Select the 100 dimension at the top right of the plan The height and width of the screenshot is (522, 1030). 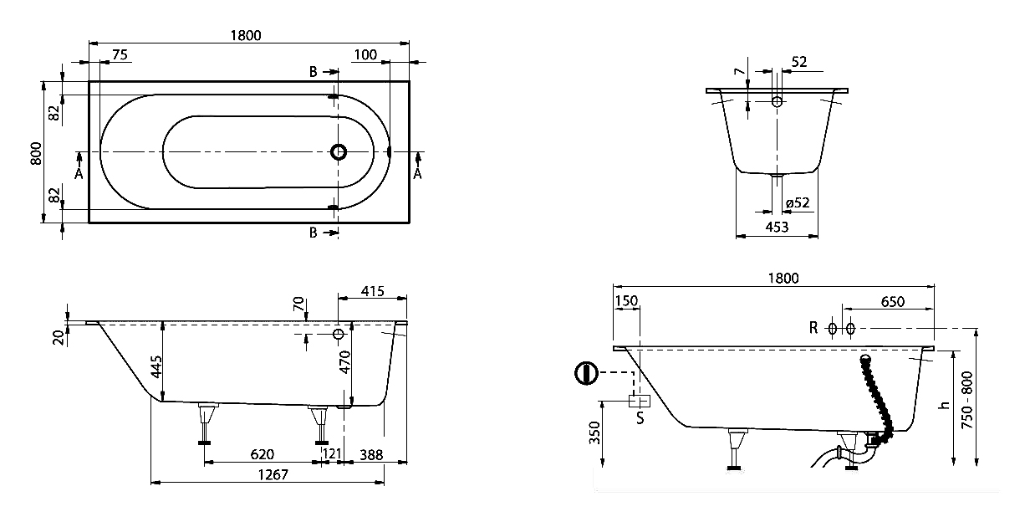[365, 54]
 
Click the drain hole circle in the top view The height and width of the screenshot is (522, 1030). [339, 152]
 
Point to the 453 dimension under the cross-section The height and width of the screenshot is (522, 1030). [777, 227]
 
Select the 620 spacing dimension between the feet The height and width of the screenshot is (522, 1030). [262, 454]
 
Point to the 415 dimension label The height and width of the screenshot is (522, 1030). [372, 291]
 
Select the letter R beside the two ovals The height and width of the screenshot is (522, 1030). [813, 328]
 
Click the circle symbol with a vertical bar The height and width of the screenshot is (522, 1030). [587, 372]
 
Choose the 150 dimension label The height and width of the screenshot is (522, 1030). [626, 301]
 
